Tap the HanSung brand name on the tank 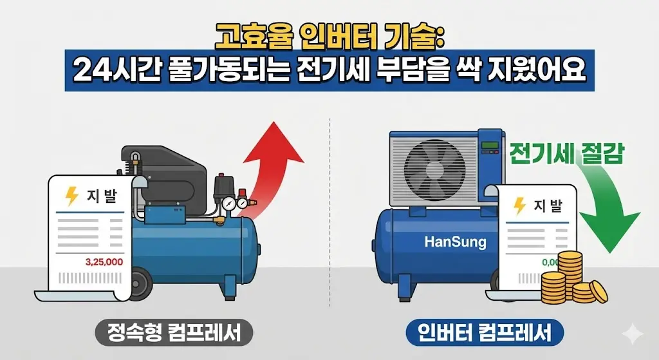pyautogui.click(x=456, y=242)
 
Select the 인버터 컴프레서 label pyautogui.click(x=485, y=333)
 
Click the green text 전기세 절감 pyautogui.click(x=566, y=155)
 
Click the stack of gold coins pyautogui.click(x=570, y=280)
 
